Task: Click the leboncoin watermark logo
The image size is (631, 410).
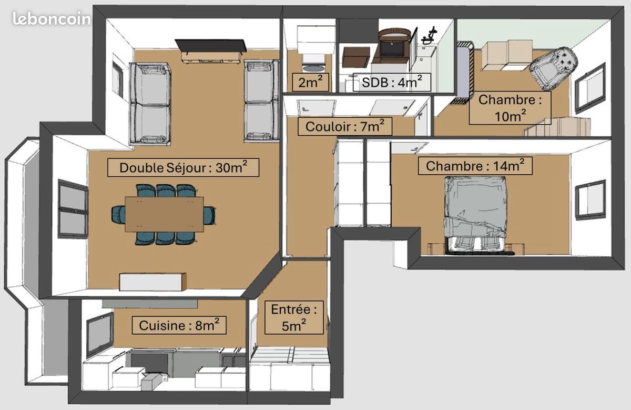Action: (52, 19)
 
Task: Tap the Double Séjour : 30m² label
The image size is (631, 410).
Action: (183, 168)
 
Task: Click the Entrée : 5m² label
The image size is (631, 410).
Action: (294, 317)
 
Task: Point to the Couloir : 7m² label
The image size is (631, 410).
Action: (345, 126)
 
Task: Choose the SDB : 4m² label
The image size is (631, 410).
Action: (389, 82)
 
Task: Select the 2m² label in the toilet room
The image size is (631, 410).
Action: (311, 82)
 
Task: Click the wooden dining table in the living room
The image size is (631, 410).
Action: (164, 214)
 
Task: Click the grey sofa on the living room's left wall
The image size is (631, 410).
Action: (150, 103)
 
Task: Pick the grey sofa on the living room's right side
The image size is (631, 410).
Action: (261, 100)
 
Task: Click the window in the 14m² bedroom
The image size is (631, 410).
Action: (590, 199)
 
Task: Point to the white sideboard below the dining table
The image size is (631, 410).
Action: (153, 282)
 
